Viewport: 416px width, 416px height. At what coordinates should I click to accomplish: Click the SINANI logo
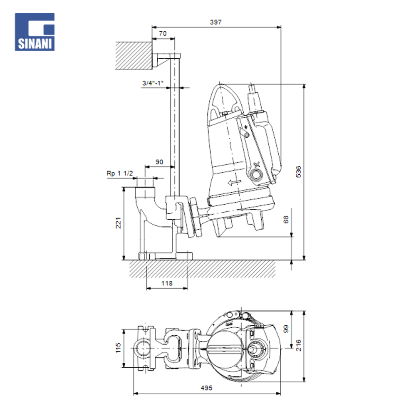(x=35, y=32)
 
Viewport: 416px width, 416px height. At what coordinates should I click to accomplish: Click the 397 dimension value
(x=216, y=22)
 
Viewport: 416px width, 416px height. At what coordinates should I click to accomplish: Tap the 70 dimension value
(x=163, y=33)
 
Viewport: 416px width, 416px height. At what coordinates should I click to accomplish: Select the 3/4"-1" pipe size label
(x=153, y=83)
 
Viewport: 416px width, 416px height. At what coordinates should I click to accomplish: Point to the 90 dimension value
(x=159, y=161)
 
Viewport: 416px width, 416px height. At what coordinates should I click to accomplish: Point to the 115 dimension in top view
(x=118, y=348)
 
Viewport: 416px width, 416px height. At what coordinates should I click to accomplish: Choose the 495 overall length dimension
(x=206, y=388)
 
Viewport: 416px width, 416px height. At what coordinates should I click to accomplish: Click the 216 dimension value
(x=298, y=346)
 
